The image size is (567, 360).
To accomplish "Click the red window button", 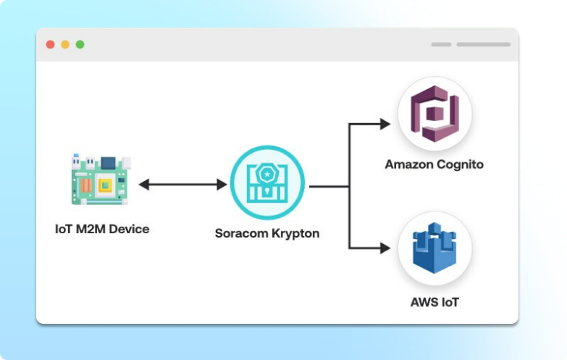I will tap(50, 44).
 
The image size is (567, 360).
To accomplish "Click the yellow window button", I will tap(65, 44).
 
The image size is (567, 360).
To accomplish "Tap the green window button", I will tap(80, 44).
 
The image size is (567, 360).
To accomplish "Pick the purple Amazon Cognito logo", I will tap(434, 114).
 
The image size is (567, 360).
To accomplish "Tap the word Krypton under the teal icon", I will tap(295, 234).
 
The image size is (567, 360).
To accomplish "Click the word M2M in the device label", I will tap(89, 229).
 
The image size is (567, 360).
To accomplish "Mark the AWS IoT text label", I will tap(434, 301).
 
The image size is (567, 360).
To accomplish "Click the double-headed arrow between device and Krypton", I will tap(182, 185).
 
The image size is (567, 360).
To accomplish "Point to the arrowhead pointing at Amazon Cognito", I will tap(385, 124).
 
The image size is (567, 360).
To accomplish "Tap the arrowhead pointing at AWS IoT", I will tap(385, 248).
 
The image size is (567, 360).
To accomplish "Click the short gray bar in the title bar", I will tap(441, 44).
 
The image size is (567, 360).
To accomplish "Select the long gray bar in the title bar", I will tap(483, 44).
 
